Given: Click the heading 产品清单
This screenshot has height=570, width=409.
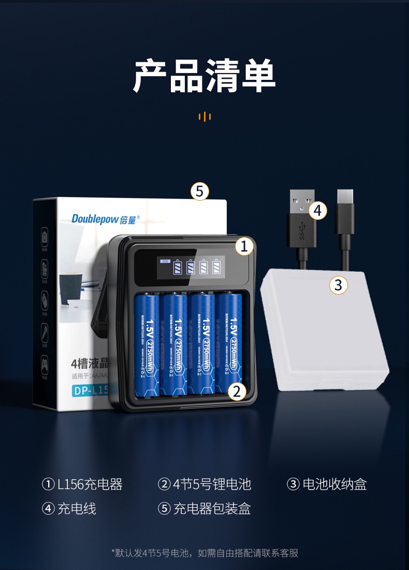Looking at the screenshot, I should (x=204, y=77).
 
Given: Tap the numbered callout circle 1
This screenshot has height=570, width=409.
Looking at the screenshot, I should (x=245, y=247).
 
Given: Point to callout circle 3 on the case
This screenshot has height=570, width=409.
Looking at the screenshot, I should (x=339, y=285).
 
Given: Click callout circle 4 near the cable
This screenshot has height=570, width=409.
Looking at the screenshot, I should (x=318, y=211).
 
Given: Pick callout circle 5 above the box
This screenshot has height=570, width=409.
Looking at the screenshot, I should (x=200, y=192).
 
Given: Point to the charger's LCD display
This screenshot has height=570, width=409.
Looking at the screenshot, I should (x=192, y=267).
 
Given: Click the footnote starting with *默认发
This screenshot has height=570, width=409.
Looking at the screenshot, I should (x=204, y=553).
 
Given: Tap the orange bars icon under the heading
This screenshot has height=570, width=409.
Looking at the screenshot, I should (x=204, y=116).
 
